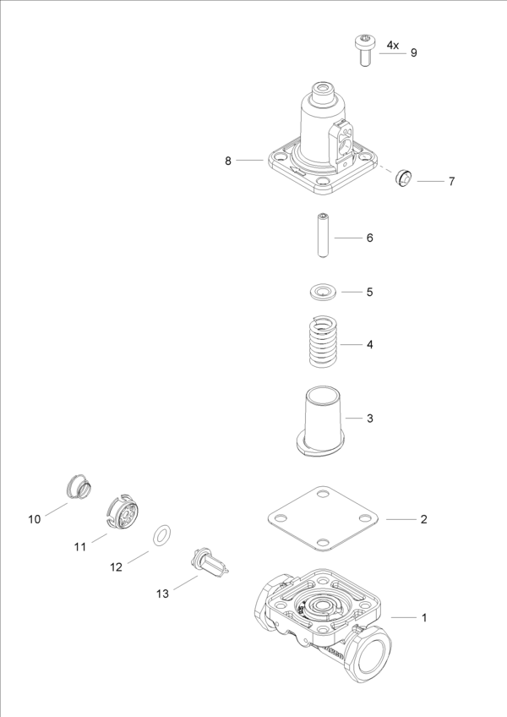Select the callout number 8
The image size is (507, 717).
228,161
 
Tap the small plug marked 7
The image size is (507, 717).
404,178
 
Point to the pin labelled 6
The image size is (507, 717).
322,237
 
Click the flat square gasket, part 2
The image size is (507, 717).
321,519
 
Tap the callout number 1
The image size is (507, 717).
424,618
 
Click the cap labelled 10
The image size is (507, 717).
79,488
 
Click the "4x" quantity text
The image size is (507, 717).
393,44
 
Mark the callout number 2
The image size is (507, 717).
424,519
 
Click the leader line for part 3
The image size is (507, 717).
354,419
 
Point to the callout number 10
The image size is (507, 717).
35,519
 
